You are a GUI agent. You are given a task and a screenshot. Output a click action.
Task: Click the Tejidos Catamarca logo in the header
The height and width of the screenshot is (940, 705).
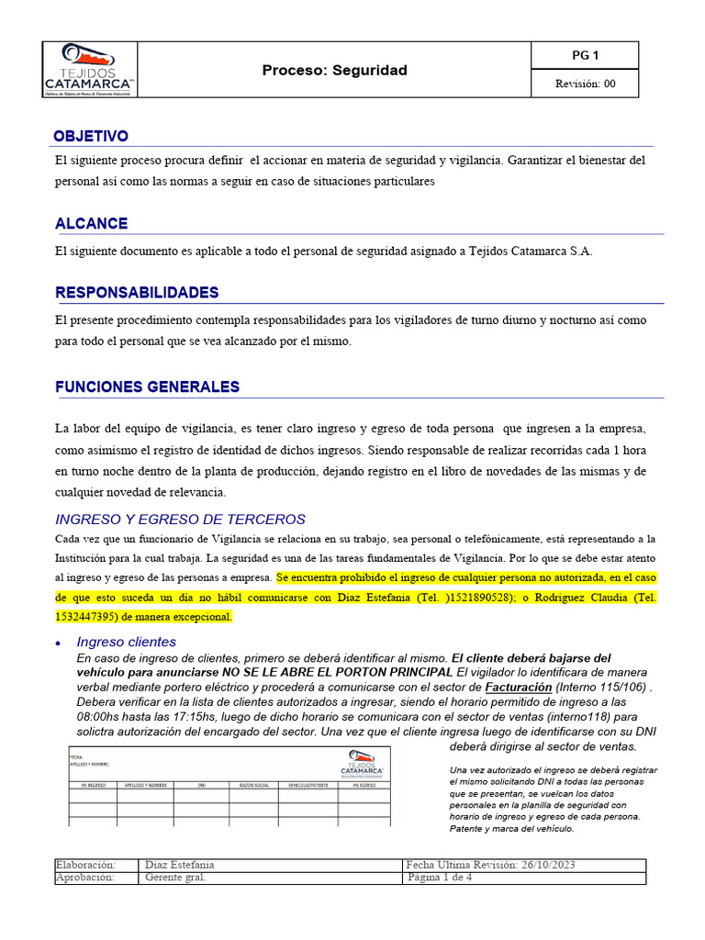89,68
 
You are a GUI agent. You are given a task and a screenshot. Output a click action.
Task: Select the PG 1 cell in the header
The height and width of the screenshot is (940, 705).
585,55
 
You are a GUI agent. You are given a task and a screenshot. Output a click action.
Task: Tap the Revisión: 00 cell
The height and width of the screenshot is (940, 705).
585,84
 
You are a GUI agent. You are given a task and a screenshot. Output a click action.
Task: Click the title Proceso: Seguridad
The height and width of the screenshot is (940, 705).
334,70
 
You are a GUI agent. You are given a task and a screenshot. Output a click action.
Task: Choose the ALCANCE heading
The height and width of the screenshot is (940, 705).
91,223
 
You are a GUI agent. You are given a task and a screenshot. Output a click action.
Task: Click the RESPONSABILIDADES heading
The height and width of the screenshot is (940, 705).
137,292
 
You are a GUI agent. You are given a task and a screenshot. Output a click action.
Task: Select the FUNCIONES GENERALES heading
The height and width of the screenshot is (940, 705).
147,386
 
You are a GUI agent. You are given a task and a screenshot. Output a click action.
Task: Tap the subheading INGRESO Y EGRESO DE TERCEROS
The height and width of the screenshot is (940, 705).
180,519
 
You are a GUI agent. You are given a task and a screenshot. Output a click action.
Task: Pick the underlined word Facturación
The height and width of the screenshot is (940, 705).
519,687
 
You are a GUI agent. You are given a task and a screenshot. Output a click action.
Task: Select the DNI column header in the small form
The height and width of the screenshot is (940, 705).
201,785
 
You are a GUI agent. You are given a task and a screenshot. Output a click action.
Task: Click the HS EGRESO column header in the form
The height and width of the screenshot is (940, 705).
366,785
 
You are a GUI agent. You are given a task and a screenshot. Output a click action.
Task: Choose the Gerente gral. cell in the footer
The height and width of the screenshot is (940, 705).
175,878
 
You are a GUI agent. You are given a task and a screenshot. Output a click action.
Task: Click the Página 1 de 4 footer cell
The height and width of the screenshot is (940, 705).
441,878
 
